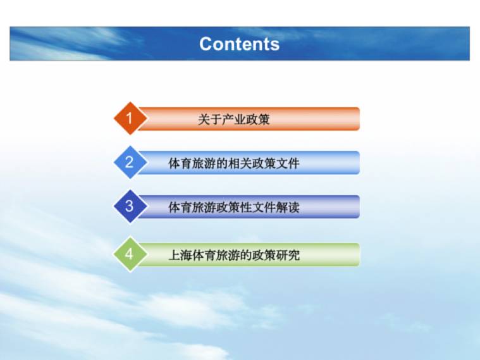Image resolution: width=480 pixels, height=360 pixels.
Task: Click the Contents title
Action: [239, 44]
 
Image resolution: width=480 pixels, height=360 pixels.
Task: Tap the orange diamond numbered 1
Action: [130, 118]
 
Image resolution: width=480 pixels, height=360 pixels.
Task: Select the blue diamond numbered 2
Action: [130, 163]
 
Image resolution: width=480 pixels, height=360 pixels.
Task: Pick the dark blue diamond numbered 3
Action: [130, 206]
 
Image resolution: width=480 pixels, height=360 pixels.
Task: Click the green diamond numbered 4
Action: [130, 254]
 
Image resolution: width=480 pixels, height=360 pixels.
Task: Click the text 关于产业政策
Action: [234, 119]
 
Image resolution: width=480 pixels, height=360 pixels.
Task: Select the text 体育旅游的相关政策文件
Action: [234, 163]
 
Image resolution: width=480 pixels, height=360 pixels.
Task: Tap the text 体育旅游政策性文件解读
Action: [234, 207]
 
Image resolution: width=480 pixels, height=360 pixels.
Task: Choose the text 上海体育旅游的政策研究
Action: [234, 255]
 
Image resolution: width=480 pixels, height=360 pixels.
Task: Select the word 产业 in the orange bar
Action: [234, 119]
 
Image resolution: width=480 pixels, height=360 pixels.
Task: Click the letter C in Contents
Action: [206, 44]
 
